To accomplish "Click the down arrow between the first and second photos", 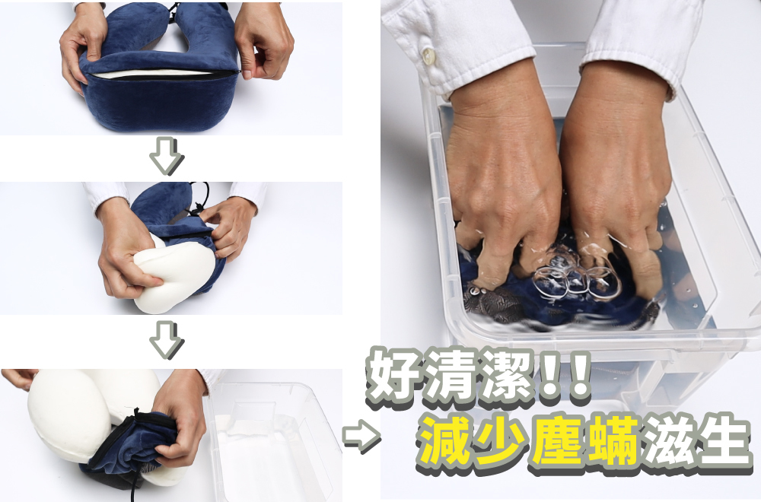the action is click(166, 155).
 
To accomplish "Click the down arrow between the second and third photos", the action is click(166, 339).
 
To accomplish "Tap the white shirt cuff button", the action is click(428, 56).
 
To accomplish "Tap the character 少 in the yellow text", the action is click(501, 440).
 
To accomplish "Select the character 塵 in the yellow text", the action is click(557, 440).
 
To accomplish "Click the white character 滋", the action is click(668, 440).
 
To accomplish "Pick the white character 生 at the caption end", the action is click(723, 440).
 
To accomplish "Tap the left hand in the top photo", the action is click(83, 46).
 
